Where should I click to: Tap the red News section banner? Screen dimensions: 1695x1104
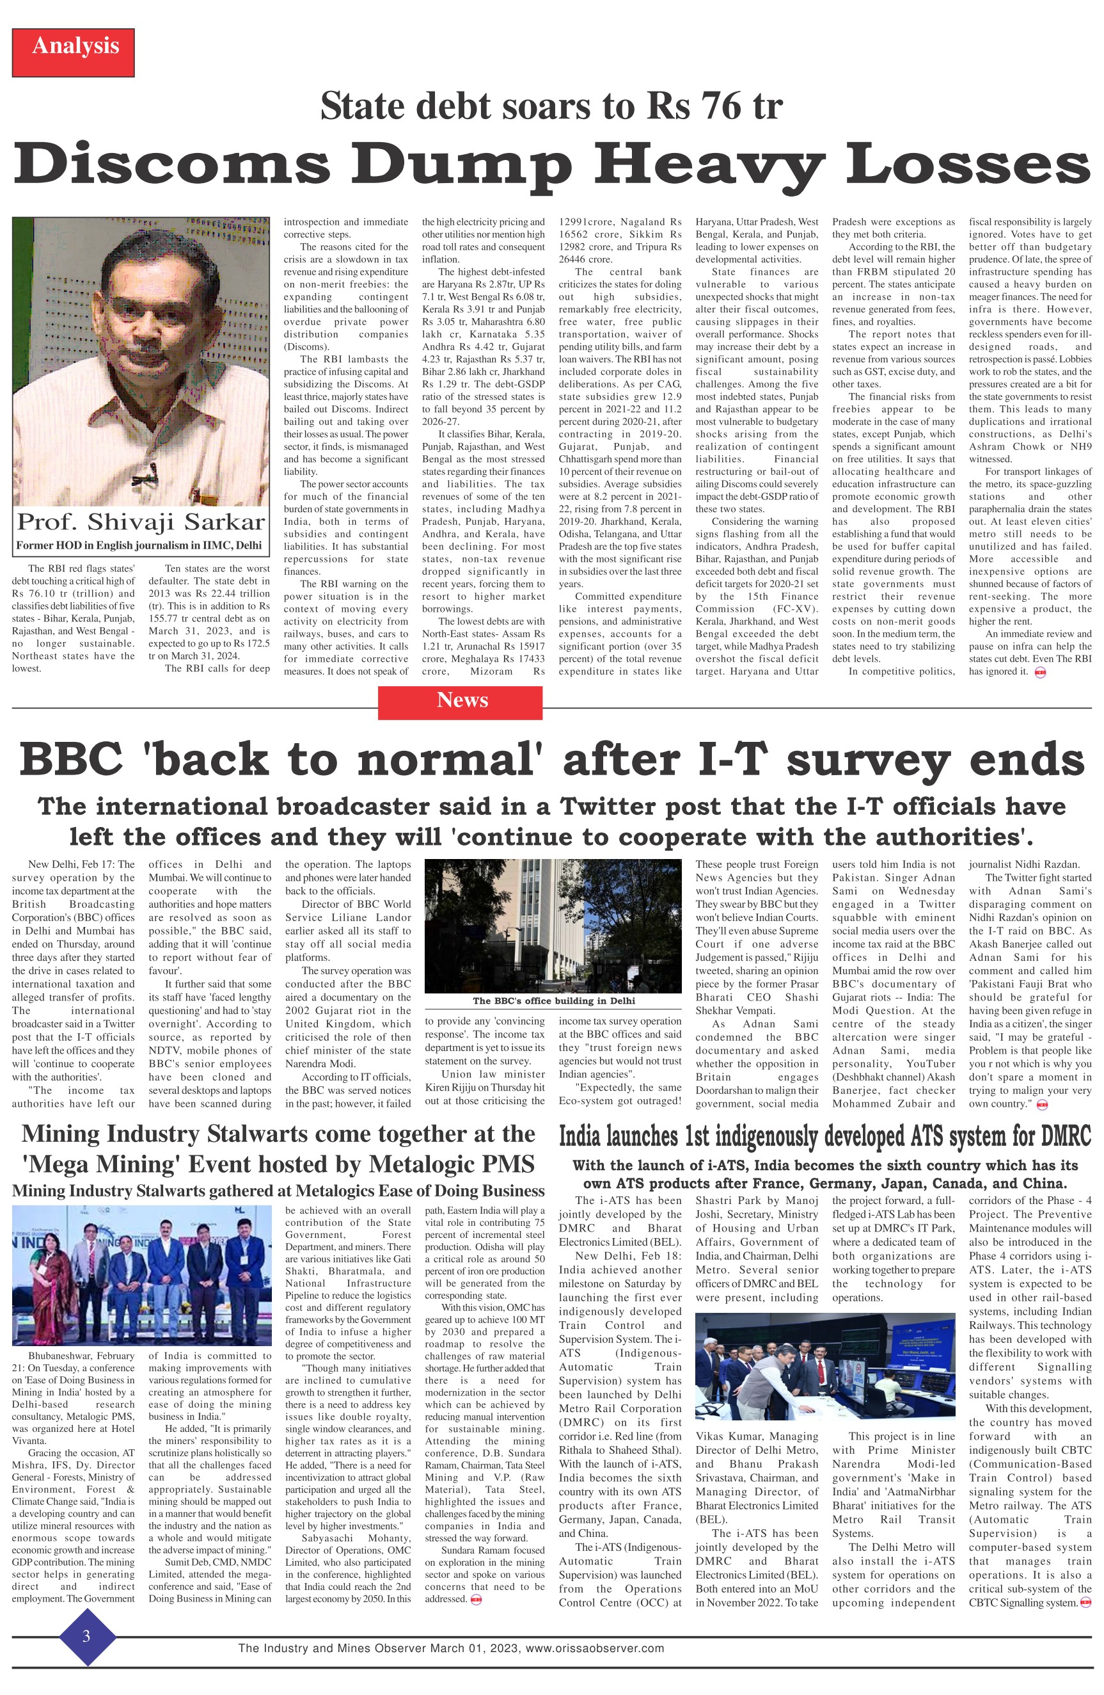(460, 700)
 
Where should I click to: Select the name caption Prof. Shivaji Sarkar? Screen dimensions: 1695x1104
(141, 521)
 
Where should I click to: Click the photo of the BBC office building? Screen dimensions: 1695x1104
(553, 925)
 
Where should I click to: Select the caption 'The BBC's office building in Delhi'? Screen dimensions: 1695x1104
(553, 1000)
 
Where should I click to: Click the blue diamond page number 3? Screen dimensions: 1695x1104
(86, 1635)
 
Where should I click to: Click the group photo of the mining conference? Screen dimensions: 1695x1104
(141, 1265)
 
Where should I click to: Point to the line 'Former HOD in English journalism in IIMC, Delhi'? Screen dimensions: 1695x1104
(139, 545)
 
